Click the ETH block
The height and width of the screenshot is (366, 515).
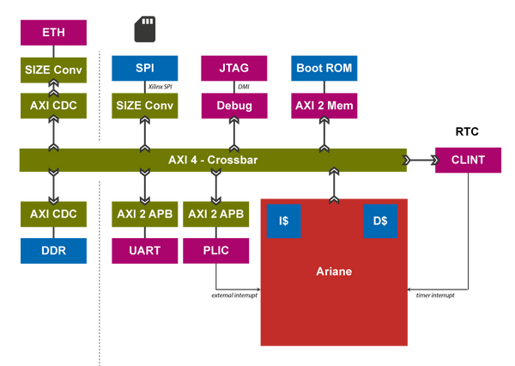pos(53,33)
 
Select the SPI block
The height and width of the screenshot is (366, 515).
pos(144,67)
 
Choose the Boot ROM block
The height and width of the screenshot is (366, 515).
pos(324,67)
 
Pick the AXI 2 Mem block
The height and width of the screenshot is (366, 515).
pos(324,106)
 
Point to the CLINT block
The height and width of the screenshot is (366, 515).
pos(468,161)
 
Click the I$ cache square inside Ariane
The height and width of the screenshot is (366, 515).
pos(283,220)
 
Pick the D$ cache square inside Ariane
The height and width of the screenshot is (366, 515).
pos(380,220)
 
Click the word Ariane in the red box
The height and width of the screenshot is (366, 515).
pos(334,271)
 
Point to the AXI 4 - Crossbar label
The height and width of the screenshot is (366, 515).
pos(212,161)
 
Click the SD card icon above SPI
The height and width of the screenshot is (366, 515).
pos(143,31)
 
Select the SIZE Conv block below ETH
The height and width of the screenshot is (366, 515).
pos(53,69)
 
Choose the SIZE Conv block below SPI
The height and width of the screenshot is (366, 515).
pos(144,106)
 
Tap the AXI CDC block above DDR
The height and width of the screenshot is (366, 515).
pos(53,214)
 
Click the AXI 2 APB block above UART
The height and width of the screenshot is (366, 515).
pos(144,214)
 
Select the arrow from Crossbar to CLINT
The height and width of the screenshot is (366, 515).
pos(420,161)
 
